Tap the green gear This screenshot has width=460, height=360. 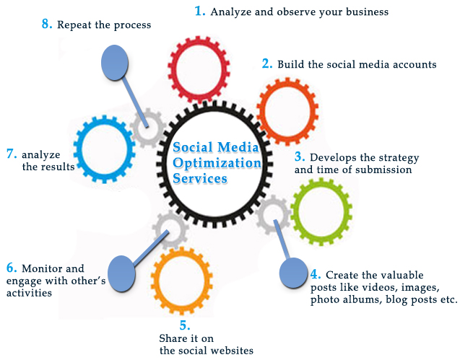coord(321,211)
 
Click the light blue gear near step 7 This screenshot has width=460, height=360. coord(103,148)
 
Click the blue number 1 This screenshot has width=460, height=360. coord(200,11)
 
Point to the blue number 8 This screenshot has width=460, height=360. coord(47,24)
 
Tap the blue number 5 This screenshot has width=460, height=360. coord(185,325)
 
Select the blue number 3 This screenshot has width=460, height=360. coord(300,157)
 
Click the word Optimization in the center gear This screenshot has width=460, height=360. coord(217,163)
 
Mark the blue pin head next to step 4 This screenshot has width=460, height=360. coord(293,273)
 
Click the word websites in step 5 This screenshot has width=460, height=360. coord(230,351)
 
